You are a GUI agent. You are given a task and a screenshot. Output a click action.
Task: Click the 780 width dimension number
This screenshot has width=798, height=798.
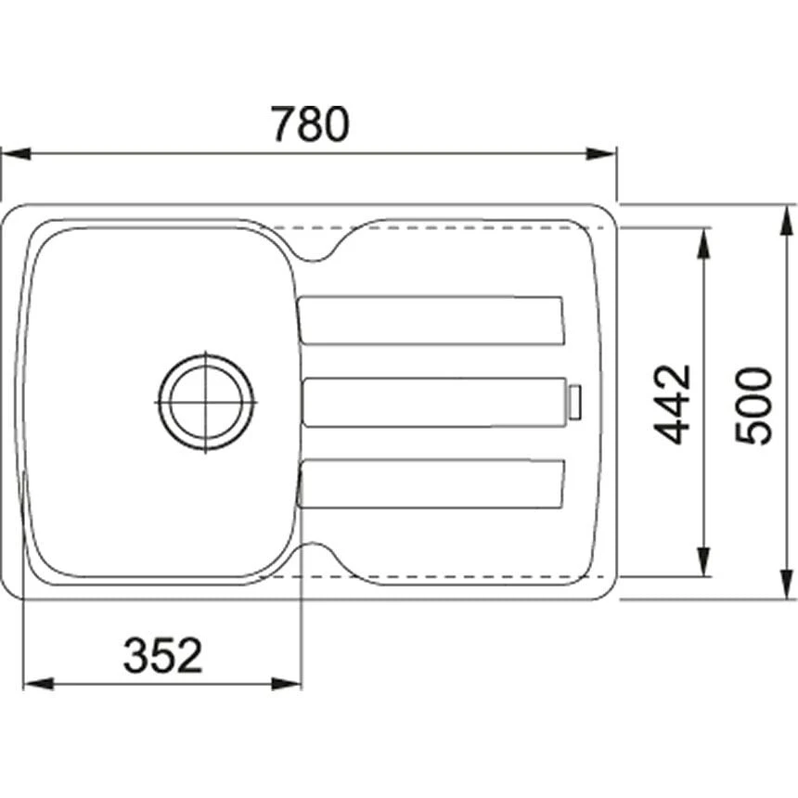pos(310,124)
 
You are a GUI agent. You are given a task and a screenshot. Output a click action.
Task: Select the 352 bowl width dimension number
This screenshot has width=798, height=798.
pos(162,656)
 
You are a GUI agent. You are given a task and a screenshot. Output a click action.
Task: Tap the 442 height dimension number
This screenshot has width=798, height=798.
pos(672,404)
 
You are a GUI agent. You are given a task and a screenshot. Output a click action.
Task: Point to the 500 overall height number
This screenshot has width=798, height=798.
pos(753,405)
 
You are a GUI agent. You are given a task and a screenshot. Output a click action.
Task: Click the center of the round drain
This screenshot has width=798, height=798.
pos(205,402)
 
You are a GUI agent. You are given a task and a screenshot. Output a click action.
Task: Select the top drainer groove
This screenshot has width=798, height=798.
pos(431,320)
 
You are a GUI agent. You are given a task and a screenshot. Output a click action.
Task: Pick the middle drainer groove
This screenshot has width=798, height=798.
pos(434,402)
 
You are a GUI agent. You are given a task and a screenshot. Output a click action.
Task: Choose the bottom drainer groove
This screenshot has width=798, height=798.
pos(431,484)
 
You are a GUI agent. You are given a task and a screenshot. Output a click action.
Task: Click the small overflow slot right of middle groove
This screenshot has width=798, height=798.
pos(575,402)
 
